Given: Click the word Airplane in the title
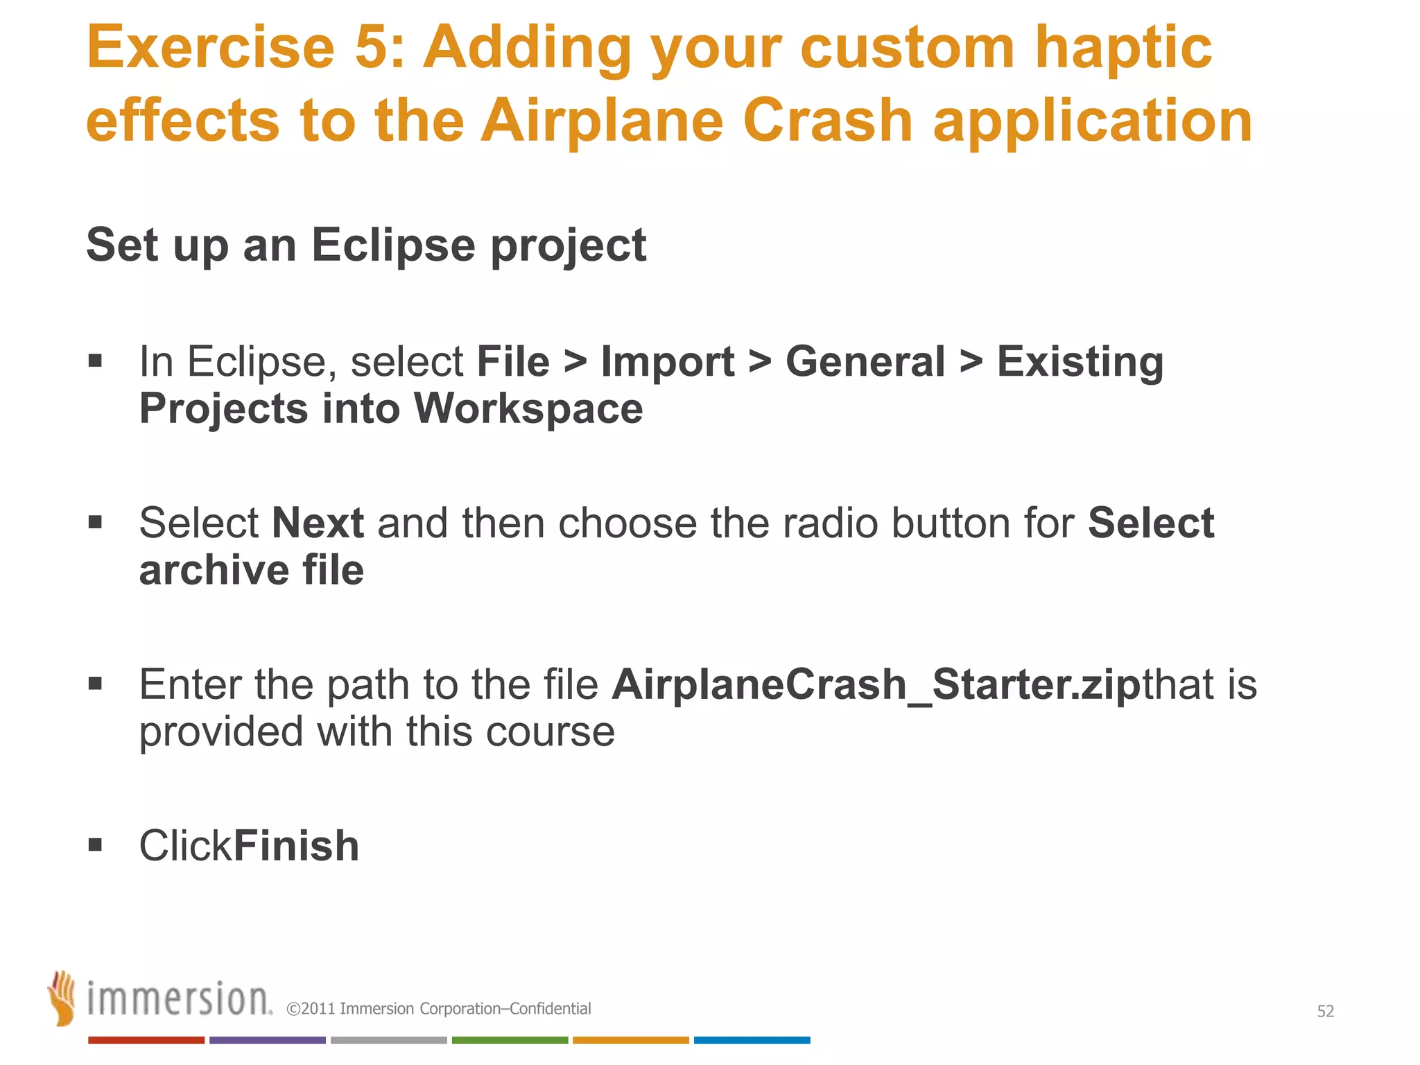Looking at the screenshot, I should [602, 121].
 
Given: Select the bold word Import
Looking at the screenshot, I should [667, 362].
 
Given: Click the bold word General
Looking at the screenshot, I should [865, 362].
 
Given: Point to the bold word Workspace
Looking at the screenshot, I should [528, 408].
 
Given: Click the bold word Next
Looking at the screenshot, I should [318, 523].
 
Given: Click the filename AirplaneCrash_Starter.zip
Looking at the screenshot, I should [875, 684].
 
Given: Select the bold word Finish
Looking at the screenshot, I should [297, 846].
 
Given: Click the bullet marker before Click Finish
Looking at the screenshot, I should [96, 845].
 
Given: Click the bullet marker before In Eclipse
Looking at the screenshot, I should [96, 361].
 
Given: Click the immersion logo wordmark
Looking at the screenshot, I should [179, 1000].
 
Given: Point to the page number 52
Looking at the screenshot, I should [1325, 1012].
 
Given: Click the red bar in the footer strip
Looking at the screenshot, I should [146, 1040].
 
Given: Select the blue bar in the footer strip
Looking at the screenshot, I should [752, 1040].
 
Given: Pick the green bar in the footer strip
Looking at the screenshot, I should [510, 1040].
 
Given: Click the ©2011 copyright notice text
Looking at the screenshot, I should [438, 1009].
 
